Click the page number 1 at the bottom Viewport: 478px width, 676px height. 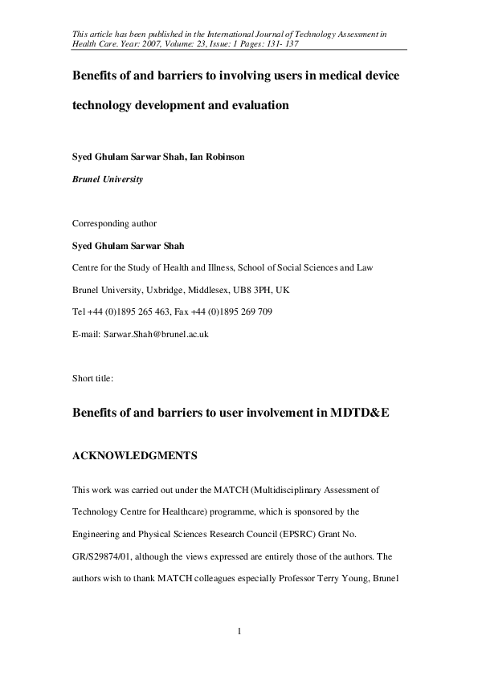pos(239,631)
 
